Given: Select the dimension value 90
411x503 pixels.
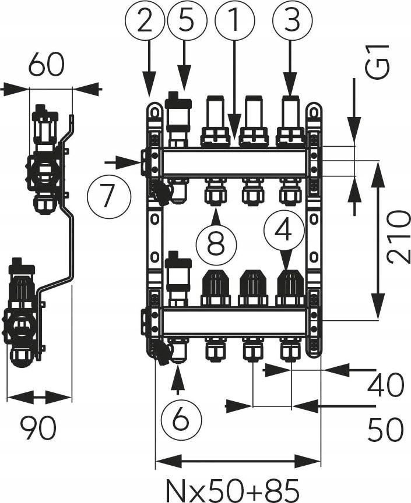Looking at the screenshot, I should [x=38, y=430].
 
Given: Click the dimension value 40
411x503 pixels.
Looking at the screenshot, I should [x=386, y=385].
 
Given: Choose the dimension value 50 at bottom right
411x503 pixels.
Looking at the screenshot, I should [x=386, y=430].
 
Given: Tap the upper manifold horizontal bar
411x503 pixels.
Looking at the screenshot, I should [x=233, y=162].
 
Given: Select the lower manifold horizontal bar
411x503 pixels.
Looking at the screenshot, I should [x=233, y=321].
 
